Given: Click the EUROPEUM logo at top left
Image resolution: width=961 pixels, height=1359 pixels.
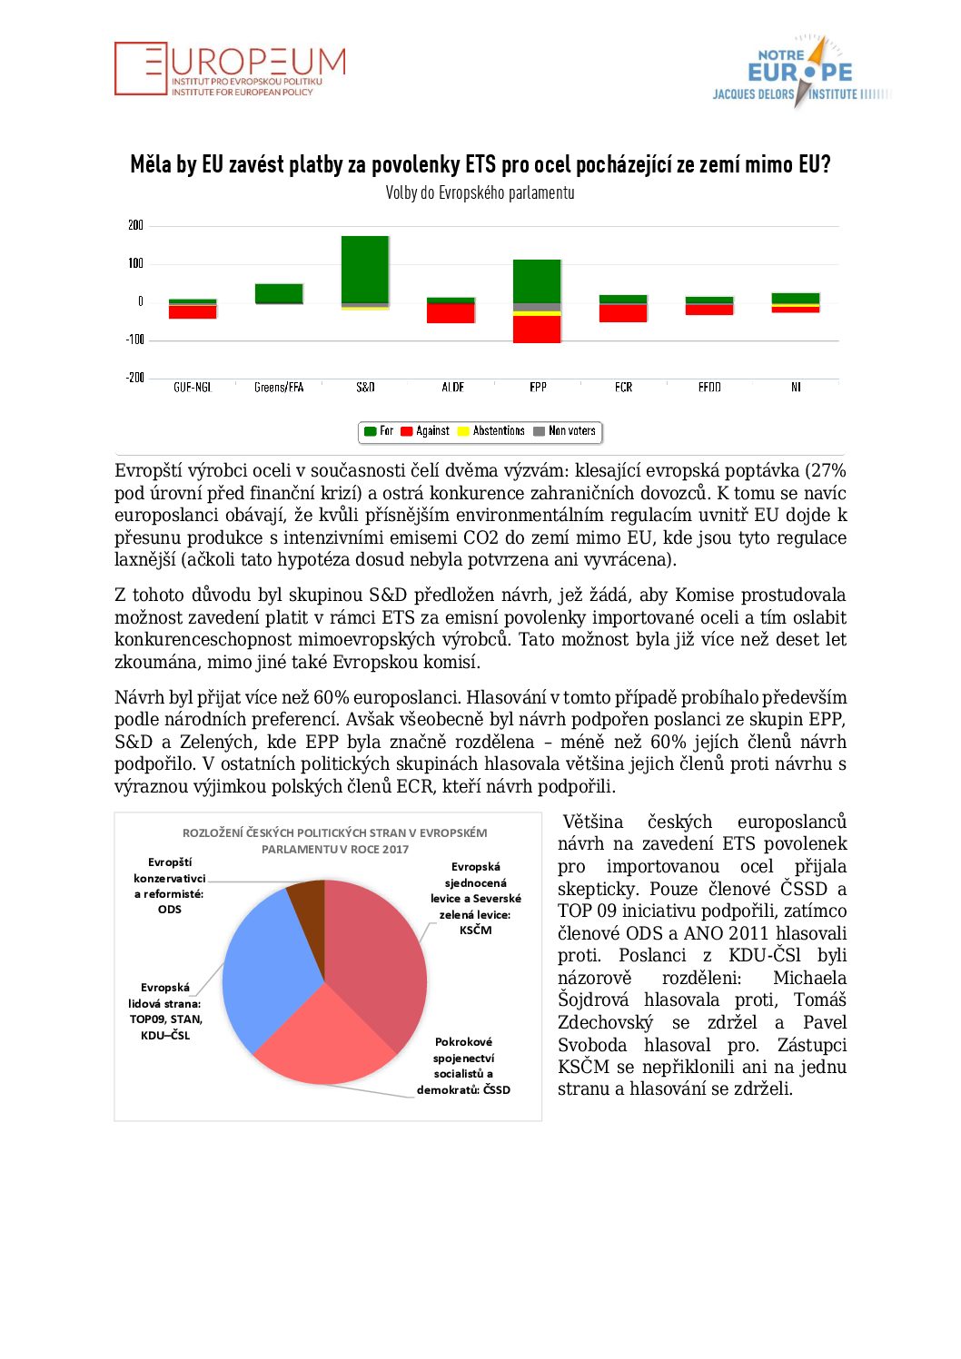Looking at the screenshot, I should (230, 69).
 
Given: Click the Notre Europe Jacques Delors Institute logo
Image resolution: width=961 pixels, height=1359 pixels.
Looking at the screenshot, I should (800, 72).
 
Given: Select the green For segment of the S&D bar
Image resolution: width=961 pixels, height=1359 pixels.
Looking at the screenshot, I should (365, 269).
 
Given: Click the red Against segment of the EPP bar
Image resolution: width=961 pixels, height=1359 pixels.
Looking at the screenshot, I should (537, 329).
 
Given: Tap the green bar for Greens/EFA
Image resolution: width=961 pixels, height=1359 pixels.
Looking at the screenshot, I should (279, 292).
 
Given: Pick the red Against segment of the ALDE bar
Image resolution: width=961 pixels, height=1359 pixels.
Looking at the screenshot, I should (451, 313).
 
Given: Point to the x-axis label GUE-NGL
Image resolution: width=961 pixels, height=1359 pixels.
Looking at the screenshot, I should (193, 388).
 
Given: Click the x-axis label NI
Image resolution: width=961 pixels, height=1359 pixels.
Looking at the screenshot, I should (796, 388).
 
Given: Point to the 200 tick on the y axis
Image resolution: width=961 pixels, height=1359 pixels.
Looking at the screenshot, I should (135, 225).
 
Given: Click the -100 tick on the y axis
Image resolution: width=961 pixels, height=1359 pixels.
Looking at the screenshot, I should (135, 340).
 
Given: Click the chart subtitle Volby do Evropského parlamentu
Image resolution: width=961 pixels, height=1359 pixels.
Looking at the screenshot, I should (480, 192).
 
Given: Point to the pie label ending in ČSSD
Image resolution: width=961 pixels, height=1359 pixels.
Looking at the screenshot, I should (463, 1066).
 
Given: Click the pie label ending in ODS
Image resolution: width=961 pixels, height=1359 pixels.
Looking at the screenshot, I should (170, 886).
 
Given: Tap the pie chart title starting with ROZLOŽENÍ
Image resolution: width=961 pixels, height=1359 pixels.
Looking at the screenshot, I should (334, 841).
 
